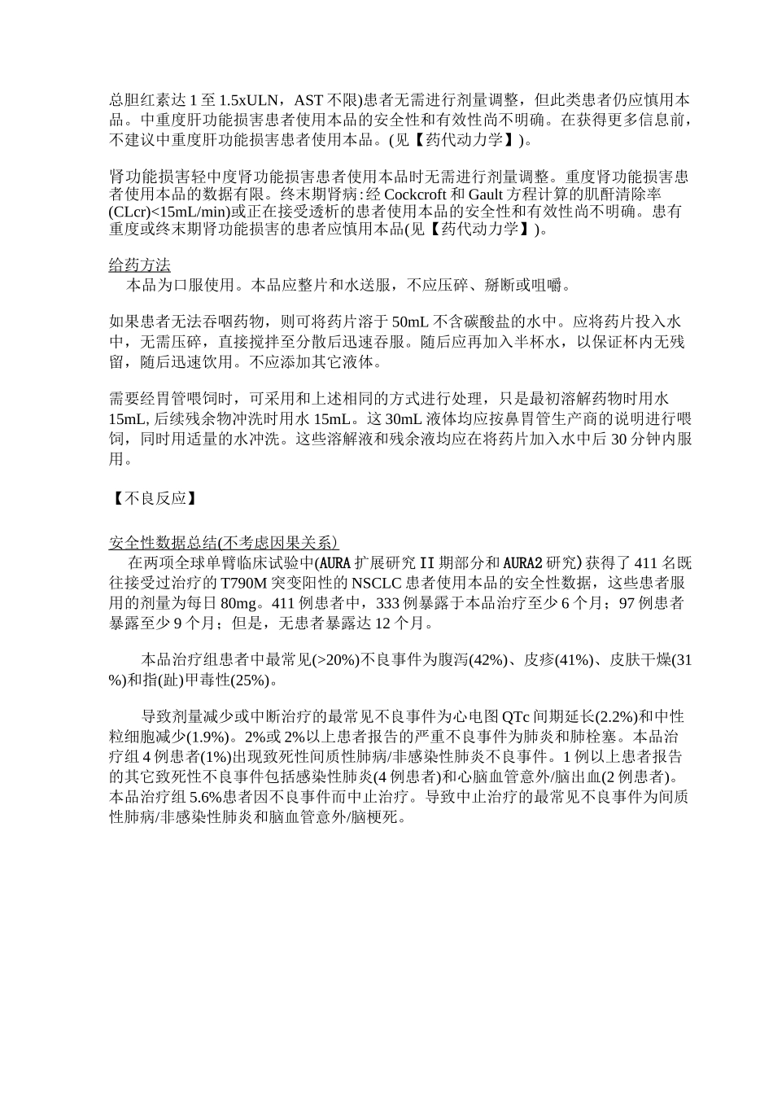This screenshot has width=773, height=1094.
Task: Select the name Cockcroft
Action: coord(414,195)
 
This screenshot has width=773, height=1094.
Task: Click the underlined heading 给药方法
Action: coord(140,266)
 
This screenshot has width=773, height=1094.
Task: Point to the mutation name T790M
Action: coord(232,583)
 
